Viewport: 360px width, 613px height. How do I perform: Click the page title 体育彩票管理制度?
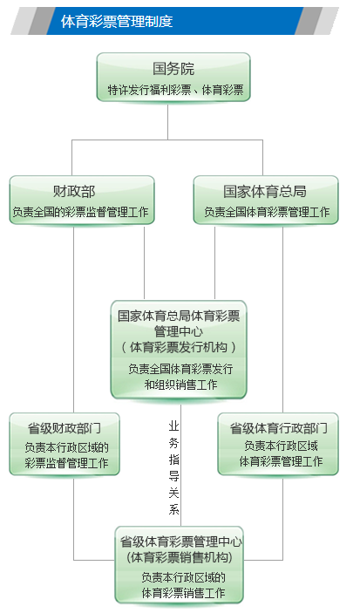pyautogui.click(x=117, y=21)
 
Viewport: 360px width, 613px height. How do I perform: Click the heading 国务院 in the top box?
pyautogui.click(x=173, y=69)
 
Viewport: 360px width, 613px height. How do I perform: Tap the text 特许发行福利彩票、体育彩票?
pyautogui.click(x=175, y=90)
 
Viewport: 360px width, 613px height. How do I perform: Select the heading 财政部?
pyautogui.click(x=74, y=191)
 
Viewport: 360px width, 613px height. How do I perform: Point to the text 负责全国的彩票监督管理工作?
pyautogui.click(x=81, y=212)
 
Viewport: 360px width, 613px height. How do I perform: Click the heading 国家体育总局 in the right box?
pyautogui.click(x=265, y=191)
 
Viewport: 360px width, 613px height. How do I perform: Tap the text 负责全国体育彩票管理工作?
pyautogui.click(x=267, y=212)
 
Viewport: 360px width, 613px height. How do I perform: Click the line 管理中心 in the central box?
pyautogui.click(x=179, y=331)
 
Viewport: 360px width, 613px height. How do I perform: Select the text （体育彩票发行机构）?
pyautogui.click(x=179, y=347)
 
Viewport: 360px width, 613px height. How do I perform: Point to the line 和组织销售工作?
pyautogui.click(x=180, y=385)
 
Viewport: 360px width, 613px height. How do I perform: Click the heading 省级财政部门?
pyautogui.click(x=65, y=428)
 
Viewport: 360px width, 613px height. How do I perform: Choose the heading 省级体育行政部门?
pyautogui.click(x=279, y=428)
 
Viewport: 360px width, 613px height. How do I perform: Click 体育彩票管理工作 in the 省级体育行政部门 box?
pyautogui.click(x=281, y=461)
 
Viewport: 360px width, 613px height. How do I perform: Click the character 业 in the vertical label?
pyautogui.click(x=174, y=426)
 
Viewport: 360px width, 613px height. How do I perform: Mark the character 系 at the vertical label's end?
pyautogui.click(x=174, y=509)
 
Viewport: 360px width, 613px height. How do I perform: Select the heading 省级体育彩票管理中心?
pyautogui.click(x=180, y=541)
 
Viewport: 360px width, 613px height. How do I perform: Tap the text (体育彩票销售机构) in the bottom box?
pyautogui.click(x=180, y=557)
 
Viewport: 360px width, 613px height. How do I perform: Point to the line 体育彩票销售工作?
pyautogui.click(x=183, y=593)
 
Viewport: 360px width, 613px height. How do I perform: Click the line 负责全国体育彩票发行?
pyautogui.click(x=180, y=369)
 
